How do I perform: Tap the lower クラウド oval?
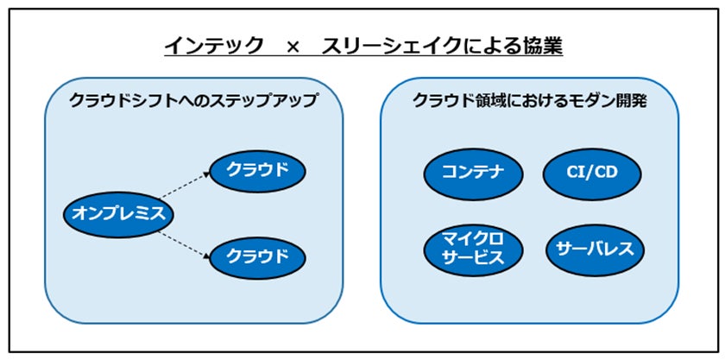256,256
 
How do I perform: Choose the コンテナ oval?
474,174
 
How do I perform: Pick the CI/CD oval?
592,174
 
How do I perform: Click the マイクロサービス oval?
474,249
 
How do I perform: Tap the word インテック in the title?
214,47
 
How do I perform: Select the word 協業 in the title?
540,47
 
